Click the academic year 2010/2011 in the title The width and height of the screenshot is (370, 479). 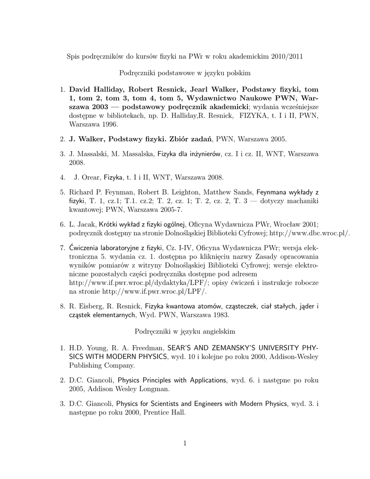(x=287, y=57)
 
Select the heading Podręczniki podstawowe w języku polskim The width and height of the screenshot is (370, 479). (x=185, y=73)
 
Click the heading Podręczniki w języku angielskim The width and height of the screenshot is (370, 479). (x=185, y=331)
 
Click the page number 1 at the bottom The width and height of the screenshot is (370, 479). (x=185, y=444)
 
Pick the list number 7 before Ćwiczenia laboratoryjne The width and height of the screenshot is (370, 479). (x=62, y=247)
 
